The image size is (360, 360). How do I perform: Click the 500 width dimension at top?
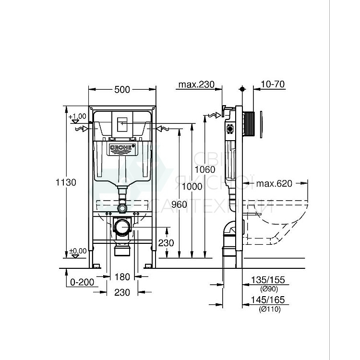click(122, 89)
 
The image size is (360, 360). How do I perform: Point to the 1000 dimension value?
click(192, 187)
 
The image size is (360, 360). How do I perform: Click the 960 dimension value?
click(179, 205)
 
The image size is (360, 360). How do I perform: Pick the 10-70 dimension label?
click(273, 84)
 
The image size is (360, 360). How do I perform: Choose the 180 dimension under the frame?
click(122, 276)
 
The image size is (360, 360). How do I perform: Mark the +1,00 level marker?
click(77, 117)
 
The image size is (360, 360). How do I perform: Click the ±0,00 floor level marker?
click(77, 251)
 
